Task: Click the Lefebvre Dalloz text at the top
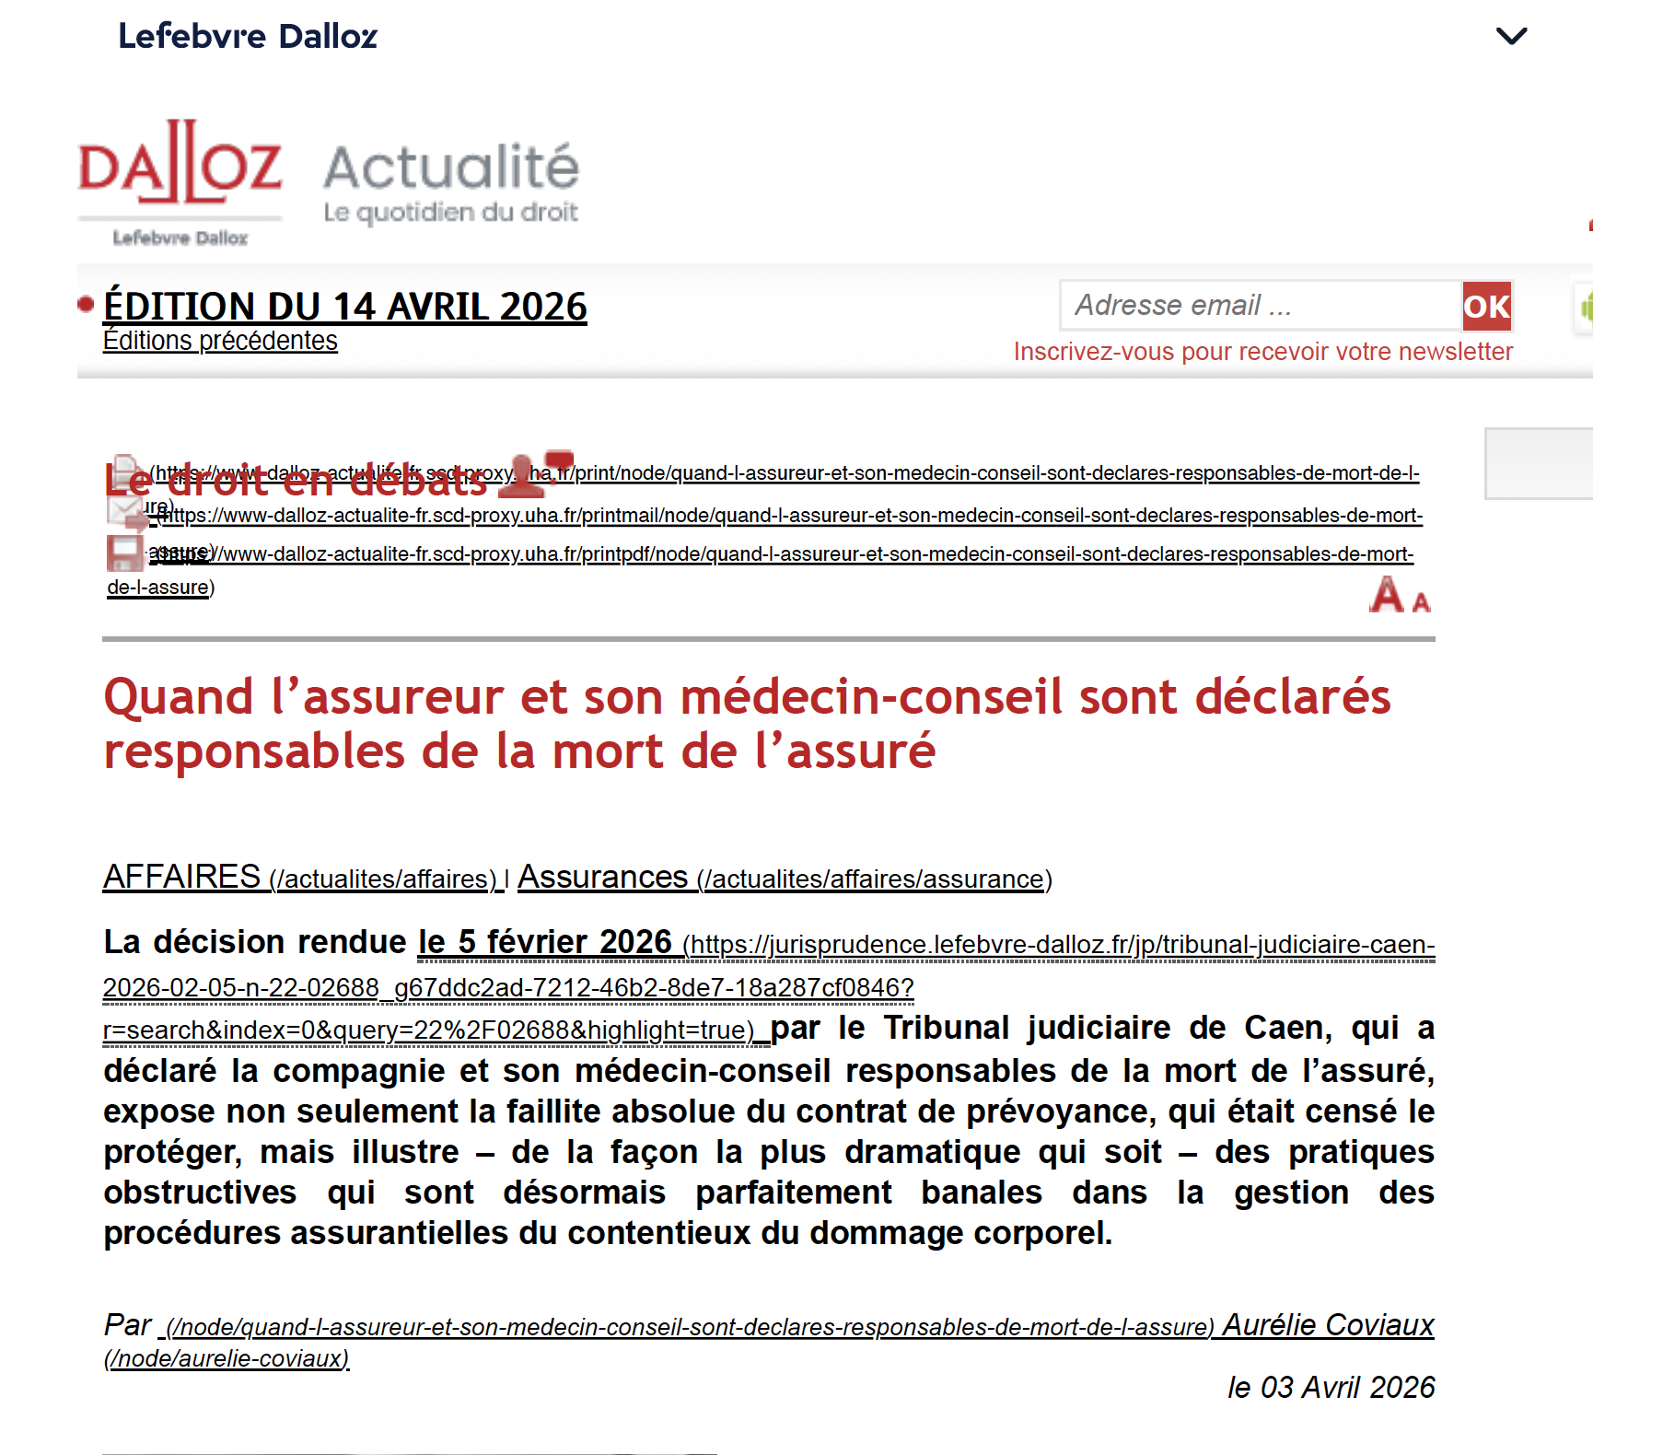247,36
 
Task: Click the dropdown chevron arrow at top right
1511,36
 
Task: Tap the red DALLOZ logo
180,166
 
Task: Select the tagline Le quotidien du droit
450,213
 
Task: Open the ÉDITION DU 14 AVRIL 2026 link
344,307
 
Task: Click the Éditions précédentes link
220,341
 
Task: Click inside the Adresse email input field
1260,306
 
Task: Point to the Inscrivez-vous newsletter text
1262,352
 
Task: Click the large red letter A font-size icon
1386,595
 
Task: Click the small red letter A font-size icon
1421,602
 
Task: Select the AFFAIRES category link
182,877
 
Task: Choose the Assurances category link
602,877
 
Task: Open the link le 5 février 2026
544,942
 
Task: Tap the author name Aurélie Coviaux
1328,1325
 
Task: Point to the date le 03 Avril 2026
1331,1388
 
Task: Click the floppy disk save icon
124,553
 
